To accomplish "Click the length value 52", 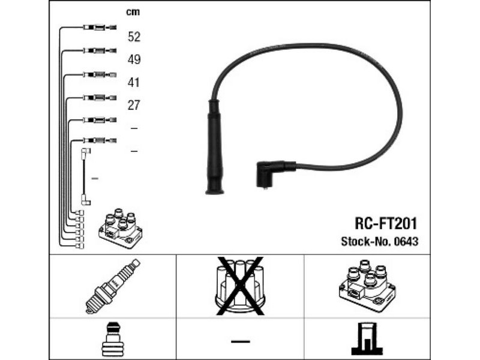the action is point(134,37).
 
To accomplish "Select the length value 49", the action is point(134,59).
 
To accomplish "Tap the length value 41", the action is point(133,82).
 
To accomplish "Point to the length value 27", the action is point(134,106).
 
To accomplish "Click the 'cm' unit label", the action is point(133,12).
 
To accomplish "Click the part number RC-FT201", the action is point(386,223).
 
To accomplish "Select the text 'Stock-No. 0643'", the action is point(380,242).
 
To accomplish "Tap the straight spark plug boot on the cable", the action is point(215,147).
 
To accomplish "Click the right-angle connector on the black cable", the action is point(274,173).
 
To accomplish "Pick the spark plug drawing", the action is point(112,286).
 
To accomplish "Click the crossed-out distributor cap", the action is point(240,286).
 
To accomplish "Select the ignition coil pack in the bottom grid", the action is point(367,286).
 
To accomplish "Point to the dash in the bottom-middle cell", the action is point(241,341).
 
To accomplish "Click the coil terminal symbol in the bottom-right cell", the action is point(367,339).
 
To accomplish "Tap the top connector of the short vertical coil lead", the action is point(85,153).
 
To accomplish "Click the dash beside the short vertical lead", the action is point(95,178).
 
